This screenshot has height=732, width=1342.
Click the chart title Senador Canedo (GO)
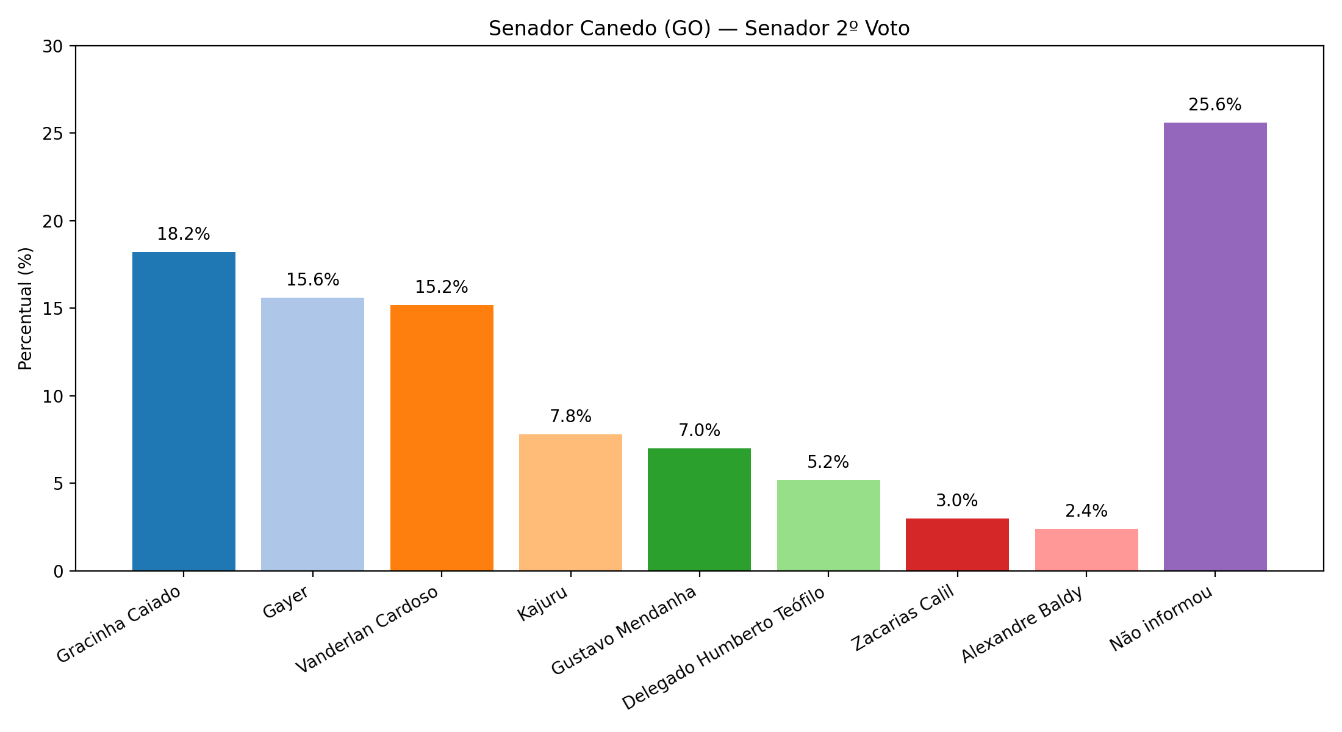pos(699,29)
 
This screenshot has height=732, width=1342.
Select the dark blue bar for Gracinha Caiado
pos(184,411)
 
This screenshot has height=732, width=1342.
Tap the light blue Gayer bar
pos(312,434)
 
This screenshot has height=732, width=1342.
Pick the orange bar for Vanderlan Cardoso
pos(442,438)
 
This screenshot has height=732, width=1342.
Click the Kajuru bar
pos(570,503)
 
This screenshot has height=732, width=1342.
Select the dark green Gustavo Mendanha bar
pos(699,510)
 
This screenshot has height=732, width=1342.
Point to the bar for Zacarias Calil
pos(957,545)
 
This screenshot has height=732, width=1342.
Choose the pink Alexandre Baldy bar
pos(1086,550)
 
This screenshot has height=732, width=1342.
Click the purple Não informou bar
pos(1215,346)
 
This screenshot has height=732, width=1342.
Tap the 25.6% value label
pos(1215,105)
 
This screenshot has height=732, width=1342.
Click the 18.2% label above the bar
pos(184,234)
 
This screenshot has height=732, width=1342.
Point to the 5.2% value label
pos(828,462)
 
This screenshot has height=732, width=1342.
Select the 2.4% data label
pos(1086,511)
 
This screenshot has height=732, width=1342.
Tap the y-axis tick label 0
pos(59,572)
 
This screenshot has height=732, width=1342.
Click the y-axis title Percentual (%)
pos(26,309)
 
